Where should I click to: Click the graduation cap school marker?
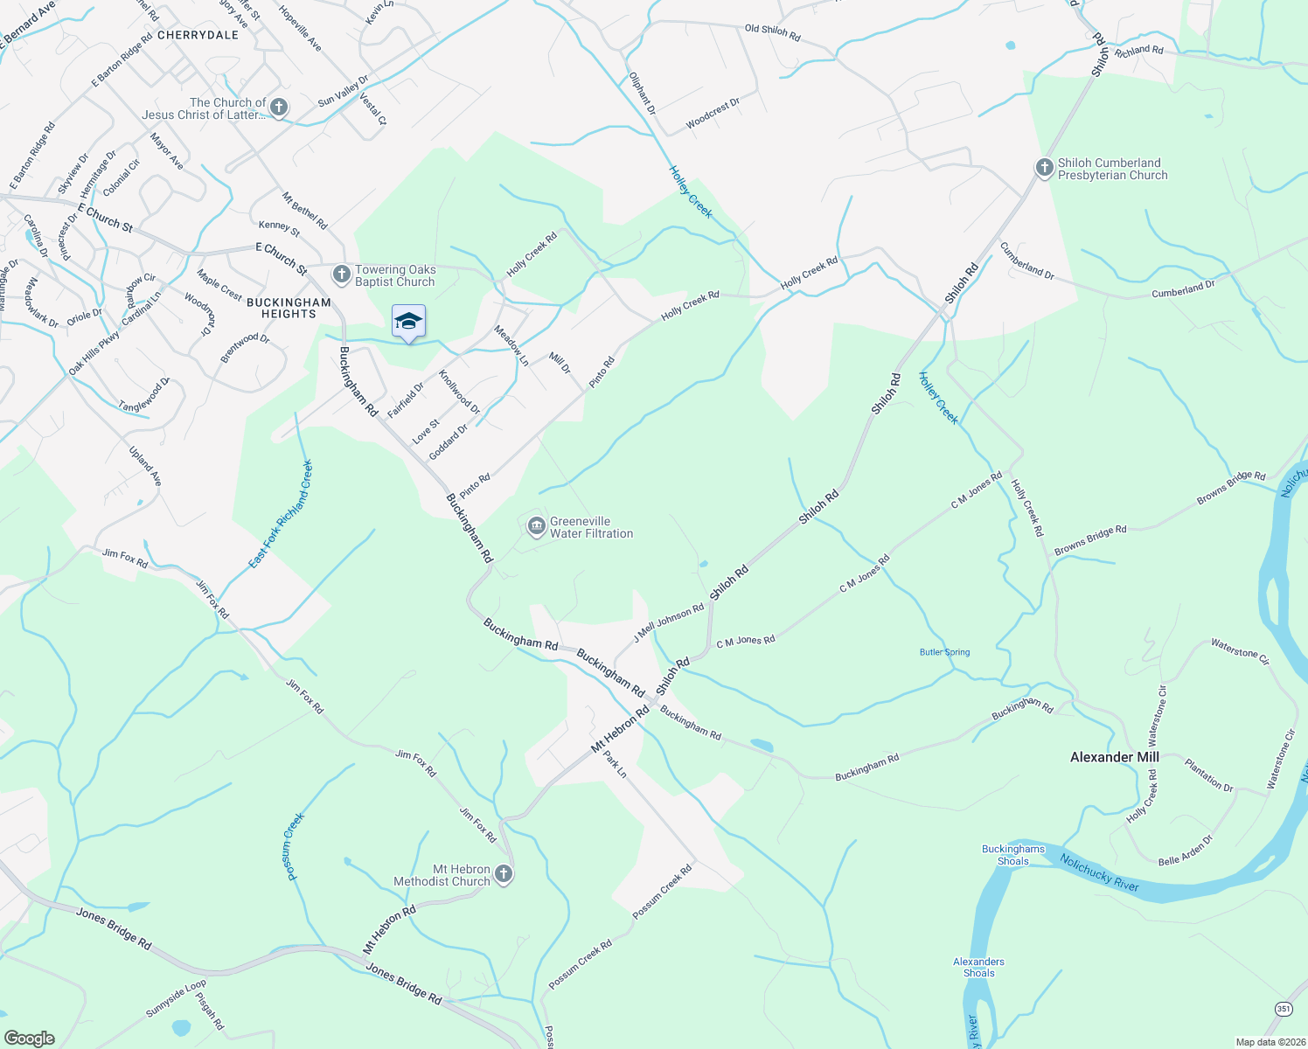[408, 323]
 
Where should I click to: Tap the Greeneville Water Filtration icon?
[536, 526]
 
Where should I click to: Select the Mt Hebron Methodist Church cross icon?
[503, 874]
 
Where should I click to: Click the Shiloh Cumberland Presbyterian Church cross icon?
[1044, 168]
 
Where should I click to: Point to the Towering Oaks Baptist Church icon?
[342, 275]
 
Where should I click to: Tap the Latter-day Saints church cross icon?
[279, 108]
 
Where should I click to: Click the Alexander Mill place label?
[1114, 757]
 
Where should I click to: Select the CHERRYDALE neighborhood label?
[198, 35]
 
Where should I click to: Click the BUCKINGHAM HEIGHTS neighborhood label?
[289, 308]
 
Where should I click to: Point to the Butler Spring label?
[944, 652]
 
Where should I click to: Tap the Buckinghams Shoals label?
[1012, 855]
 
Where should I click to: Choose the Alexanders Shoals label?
[978, 967]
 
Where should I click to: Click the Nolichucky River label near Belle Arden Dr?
[1099, 872]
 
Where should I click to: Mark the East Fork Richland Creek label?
[281, 515]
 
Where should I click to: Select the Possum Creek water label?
[294, 846]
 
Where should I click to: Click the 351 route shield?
[1283, 1008]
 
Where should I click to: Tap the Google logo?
[30, 1038]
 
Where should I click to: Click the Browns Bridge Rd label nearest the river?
[1231, 488]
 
